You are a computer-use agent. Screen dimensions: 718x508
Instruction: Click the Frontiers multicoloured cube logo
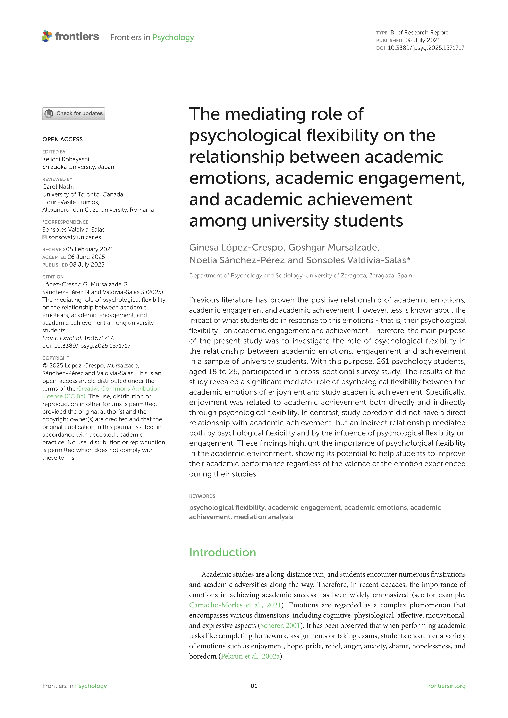(47, 36)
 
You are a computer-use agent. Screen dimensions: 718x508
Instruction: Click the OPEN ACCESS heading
(62, 139)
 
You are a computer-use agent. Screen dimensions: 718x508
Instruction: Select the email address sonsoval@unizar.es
(75, 237)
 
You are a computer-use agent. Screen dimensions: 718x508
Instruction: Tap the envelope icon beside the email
(45, 237)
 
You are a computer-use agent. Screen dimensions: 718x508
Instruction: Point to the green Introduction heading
(222, 553)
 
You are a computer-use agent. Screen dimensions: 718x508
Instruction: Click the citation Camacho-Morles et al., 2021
(235, 605)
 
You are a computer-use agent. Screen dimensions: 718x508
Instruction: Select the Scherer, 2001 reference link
(280, 626)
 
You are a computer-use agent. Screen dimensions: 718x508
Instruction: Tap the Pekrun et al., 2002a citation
(250, 656)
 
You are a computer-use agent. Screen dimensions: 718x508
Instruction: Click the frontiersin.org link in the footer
(446, 686)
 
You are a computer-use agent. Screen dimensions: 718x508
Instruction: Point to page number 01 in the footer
(254, 686)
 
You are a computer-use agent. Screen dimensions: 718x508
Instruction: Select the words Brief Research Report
(419, 33)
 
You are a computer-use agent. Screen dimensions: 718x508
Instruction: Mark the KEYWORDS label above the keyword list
(202, 496)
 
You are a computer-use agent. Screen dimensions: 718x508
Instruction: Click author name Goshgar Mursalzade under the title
(333, 247)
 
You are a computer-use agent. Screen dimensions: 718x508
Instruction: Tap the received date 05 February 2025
(90, 249)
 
